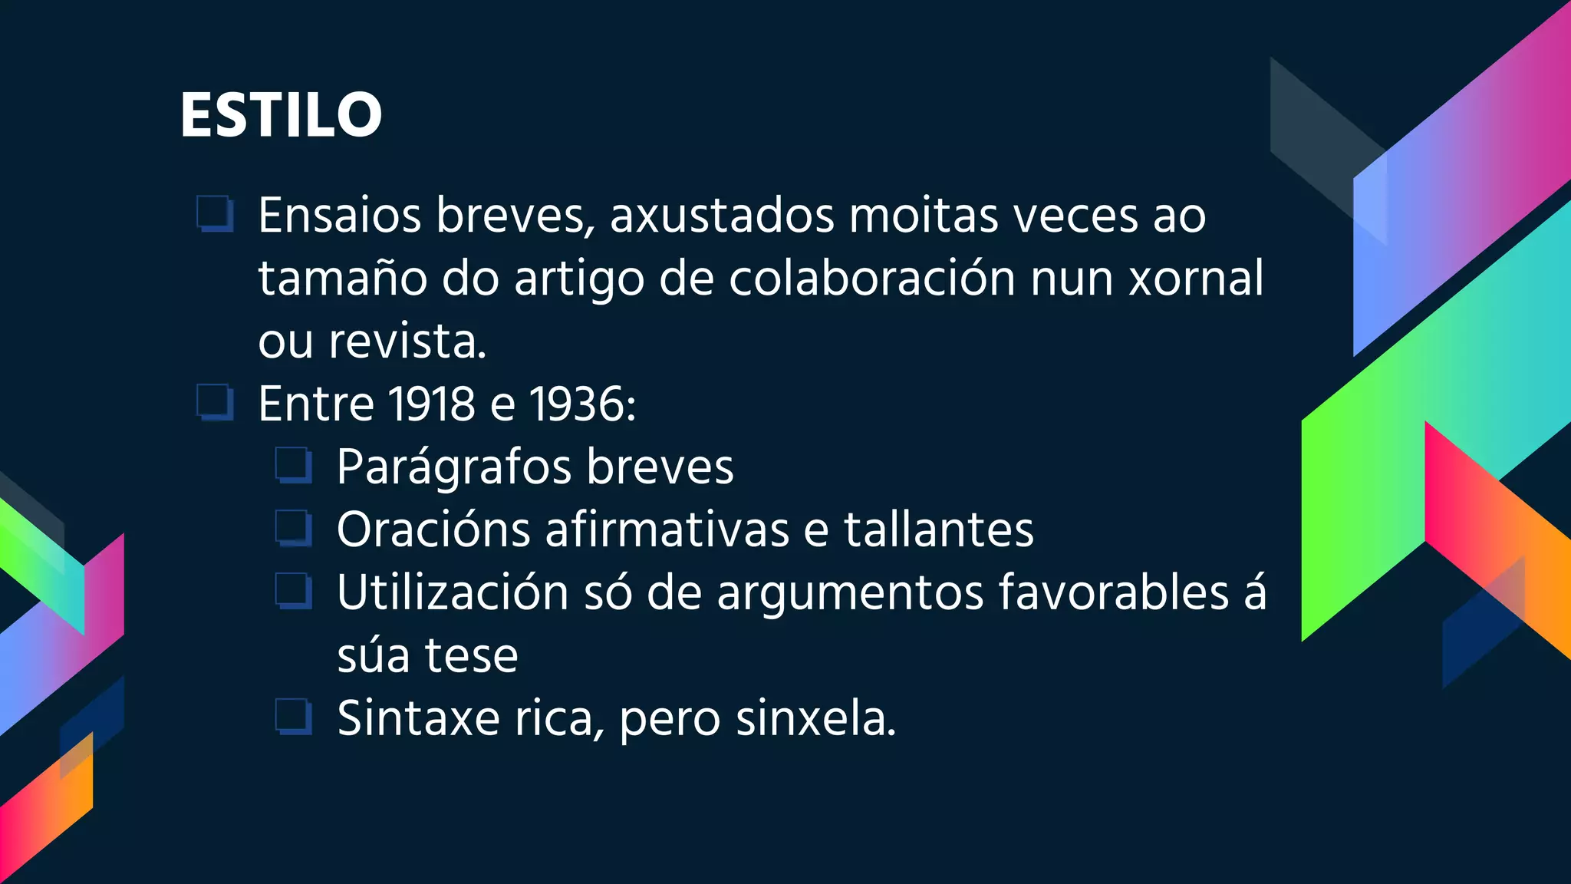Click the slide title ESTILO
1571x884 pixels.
(x=281, y=115)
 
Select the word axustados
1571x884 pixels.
(x=722, y=216)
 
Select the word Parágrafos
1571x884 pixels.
(x=454, y=467)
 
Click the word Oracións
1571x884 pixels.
(x=433, y=530)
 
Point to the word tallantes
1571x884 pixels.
(x=939, y=530)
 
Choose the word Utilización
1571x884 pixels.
(x=453, y=593)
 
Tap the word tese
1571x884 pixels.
(x=471, y=656)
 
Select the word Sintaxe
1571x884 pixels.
(x=419, y=719)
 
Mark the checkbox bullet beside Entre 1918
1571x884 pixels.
(x=215, y=402)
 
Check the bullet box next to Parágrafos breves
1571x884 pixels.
(x=293, y=465)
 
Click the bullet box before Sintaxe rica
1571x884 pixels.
(x=293, y=717)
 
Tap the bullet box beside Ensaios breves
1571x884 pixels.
(x=215, y=213)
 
